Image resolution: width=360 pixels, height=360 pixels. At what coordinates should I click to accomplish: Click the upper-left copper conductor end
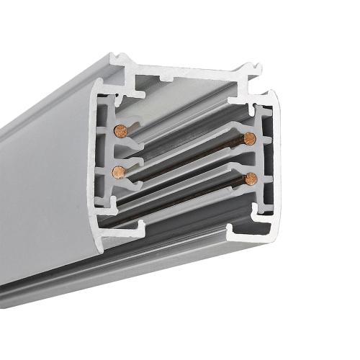(120, 130)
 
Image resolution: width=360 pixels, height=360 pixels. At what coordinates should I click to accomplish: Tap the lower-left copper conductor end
(118, 171)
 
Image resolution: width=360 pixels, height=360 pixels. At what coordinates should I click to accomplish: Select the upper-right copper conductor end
(250, 138)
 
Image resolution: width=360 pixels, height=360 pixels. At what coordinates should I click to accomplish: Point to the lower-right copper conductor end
(250, 179)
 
